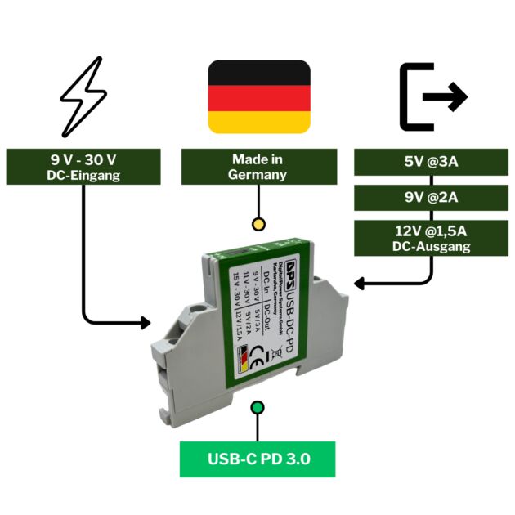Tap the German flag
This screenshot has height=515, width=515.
click(259, 96)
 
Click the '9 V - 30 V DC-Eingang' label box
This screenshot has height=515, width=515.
click(83, 167)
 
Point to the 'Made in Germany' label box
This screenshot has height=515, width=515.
click(258, 167)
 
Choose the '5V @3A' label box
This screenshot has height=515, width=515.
click(431, 161)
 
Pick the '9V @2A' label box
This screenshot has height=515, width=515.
click(431, 197)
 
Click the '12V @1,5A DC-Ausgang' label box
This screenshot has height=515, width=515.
click(431, 238)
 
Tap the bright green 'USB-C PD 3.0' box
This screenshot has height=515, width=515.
click(257, 459)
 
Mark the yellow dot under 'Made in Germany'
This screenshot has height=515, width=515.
click(258, 223)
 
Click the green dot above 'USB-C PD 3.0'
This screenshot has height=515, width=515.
click(257, 407)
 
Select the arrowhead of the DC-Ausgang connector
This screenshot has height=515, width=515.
click(360, 283)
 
